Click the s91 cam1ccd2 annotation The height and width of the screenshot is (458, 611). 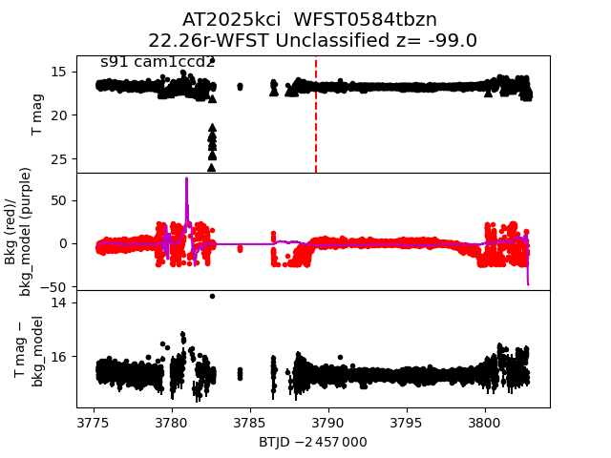click(x=158, y=62)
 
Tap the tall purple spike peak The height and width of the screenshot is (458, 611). click(x=186, y=179)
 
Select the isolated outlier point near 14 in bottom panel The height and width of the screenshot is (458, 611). click(x=212, y=296)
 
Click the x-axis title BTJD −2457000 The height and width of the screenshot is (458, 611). click(x=312, y=442)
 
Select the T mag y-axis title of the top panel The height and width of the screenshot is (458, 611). click(x=38, y=114)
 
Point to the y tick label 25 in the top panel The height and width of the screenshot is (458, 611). click(x=56, y=158)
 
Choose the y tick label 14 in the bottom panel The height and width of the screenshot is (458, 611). click(x=56, y=302)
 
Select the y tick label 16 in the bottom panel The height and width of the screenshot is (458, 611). click(x=56, y=357)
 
